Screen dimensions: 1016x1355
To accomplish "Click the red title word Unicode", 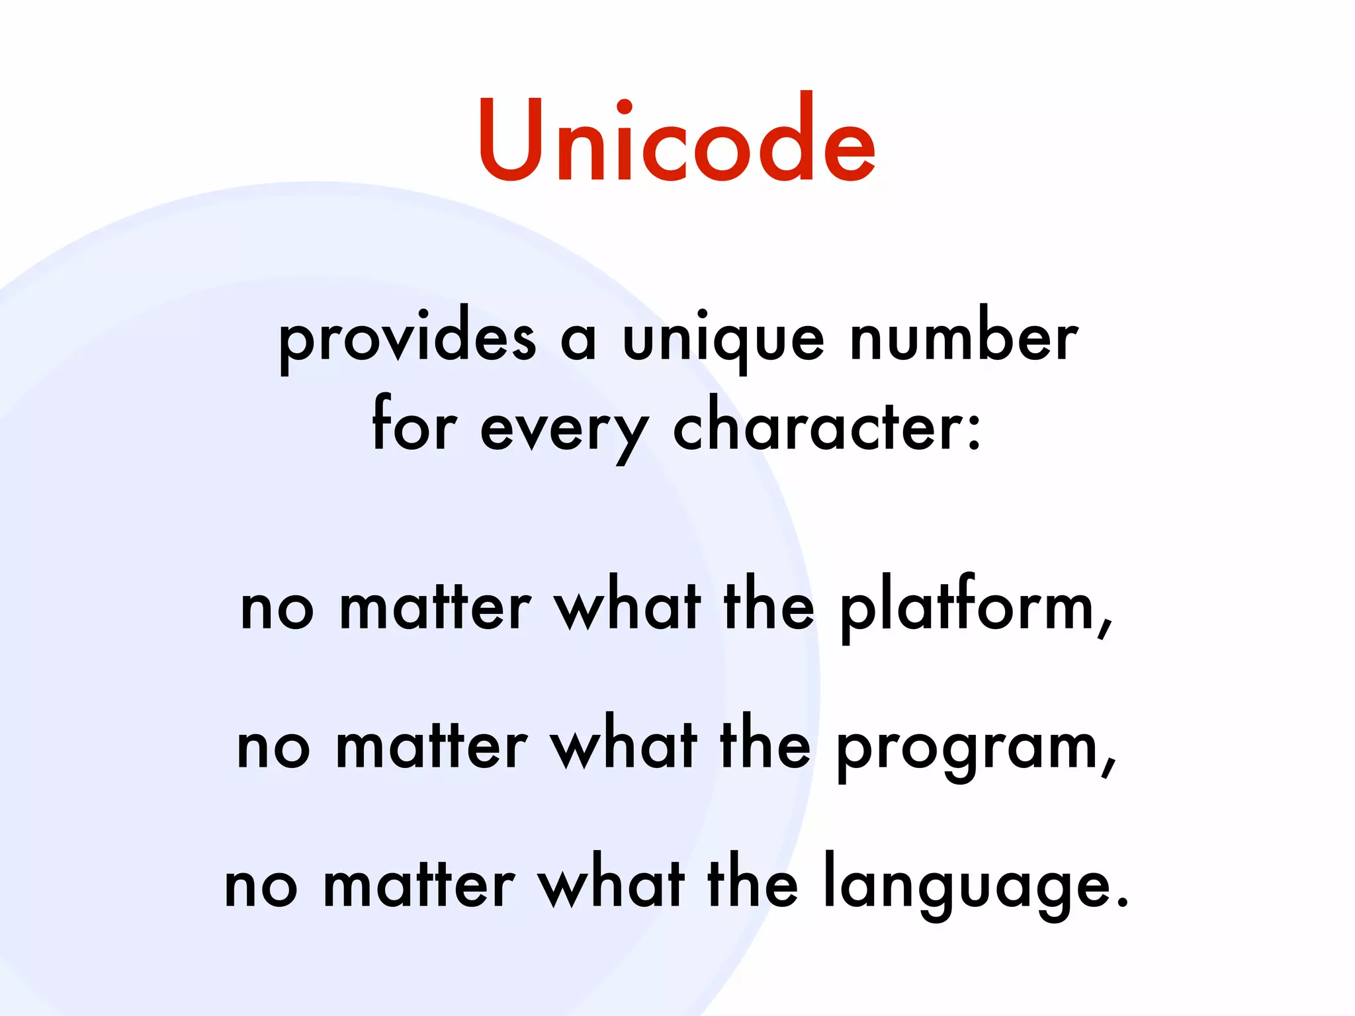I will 677,140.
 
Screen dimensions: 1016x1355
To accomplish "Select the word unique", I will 724,341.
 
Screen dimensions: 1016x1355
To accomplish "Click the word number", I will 964,336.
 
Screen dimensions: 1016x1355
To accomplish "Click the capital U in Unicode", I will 511,140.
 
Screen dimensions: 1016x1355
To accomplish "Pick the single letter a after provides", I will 579,343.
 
